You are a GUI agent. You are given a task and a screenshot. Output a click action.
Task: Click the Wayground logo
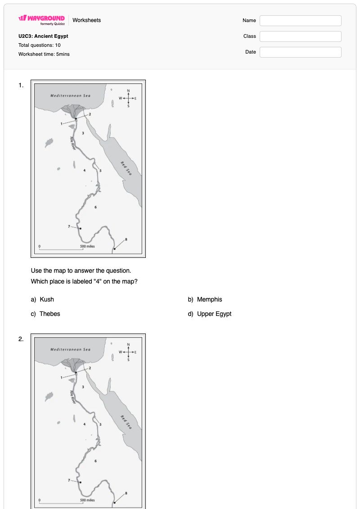[x=41, y=20]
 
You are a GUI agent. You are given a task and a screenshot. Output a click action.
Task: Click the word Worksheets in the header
[x=87, y=20]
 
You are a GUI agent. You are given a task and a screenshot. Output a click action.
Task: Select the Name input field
[x=300, y=20]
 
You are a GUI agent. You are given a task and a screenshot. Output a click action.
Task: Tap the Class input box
[x=300, y=36]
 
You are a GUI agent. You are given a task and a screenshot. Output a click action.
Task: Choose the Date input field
[x=300, y=52]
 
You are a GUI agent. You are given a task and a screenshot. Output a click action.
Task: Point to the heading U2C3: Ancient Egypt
[x=43, y=36]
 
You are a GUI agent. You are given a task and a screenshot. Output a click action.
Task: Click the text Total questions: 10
[x=39, y=45]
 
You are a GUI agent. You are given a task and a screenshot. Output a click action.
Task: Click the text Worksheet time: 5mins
[x=44, y=54]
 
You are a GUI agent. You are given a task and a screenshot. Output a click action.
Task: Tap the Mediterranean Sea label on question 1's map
[x=71, y=95]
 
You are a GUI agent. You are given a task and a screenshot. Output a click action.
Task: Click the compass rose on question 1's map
[x=128, y=98]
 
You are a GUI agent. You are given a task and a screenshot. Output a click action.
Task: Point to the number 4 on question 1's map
[x=85, y=171]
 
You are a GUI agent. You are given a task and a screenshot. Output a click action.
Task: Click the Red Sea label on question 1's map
[x=126, y=168]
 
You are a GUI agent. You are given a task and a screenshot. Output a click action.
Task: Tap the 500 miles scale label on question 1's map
[x=88, y=246]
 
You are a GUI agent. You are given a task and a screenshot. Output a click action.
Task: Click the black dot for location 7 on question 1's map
[x=81, y=229]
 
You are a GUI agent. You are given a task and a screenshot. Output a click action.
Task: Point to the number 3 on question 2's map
[x=83, y=387]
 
